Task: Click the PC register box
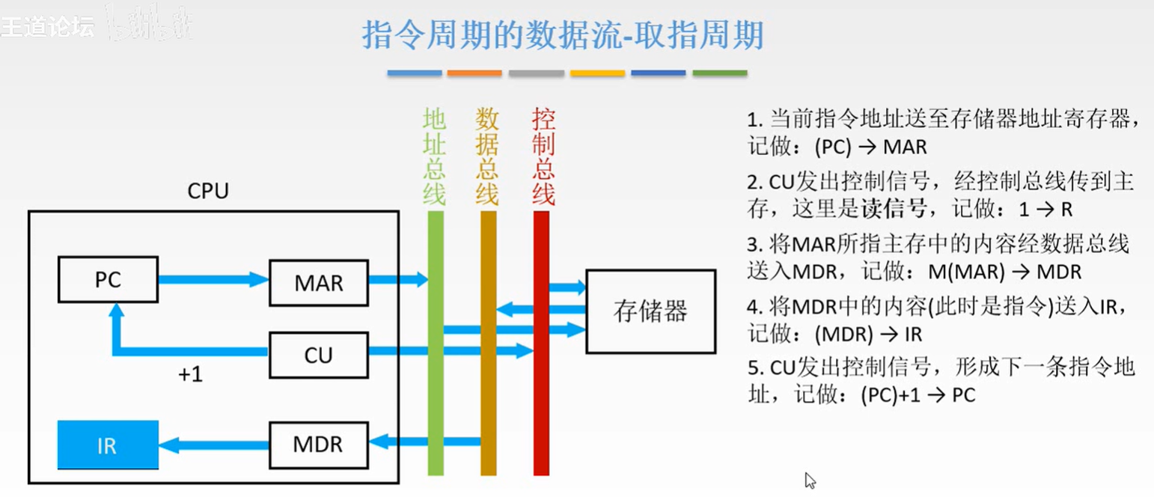coord(108,280)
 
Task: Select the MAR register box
coord(318,283)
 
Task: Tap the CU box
coord(318,354)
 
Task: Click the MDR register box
coord(318,444)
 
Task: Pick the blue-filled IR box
coord(108,445)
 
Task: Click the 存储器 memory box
coord(650,311)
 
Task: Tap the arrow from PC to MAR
coord(213,280)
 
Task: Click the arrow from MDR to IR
coord(213,445)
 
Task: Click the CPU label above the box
coord(207,192)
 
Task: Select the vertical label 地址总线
coord(435,156)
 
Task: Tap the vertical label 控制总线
coord(543,156)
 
